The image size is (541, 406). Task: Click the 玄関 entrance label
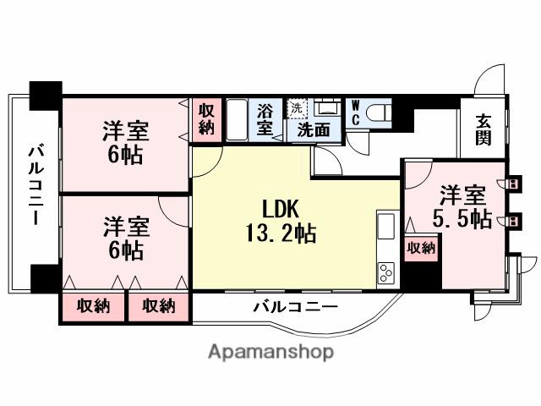pyautogui.click(x=483, y=129)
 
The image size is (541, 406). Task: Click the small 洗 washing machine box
pyautogui.click(x=295, y=107)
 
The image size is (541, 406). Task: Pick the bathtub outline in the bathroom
pyautogui.click(x=238, y=120)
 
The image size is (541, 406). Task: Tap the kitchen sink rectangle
pyautogui.click(x=385, y=228)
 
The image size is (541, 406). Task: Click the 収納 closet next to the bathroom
pyautogui.click(x=208, y=119)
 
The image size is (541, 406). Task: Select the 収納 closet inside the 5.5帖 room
pyautogui.click(x=421, y=247)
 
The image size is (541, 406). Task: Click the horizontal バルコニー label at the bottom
pyautogui.click(x=295, y=305)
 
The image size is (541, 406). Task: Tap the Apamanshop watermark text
pyautogui.click(x=270, y=352)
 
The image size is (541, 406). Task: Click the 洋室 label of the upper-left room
pyautogui.click(x=127, y=132)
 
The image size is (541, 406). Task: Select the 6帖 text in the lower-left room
pyautogui.click(x=127, y=251)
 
